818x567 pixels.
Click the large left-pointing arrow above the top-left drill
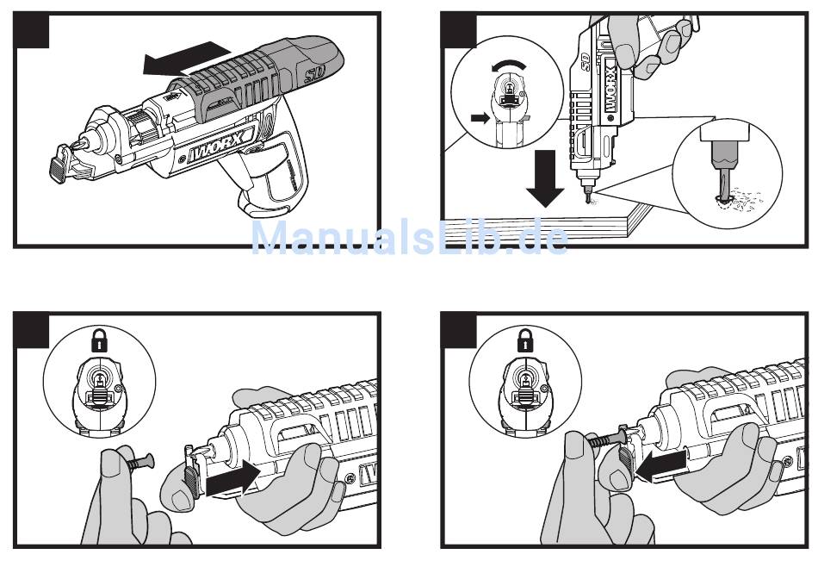(186, 59)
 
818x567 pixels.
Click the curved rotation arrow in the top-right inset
(509, 65)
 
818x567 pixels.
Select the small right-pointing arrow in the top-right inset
(480, 117)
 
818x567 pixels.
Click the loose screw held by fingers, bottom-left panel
(139, 462)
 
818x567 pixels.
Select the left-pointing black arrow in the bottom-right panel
(661, 465)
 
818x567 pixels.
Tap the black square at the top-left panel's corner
(31, 31)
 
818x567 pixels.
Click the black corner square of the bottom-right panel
(459, 331)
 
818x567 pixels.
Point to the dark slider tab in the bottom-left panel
(190, 483)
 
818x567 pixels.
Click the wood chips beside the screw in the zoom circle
(746, 200)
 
